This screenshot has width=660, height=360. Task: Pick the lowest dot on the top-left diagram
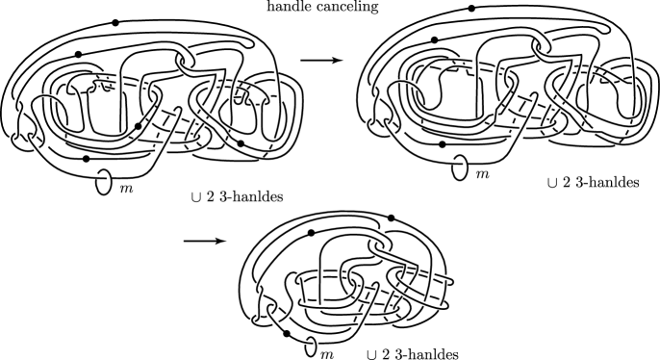87,158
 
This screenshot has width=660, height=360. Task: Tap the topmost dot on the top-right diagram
471,8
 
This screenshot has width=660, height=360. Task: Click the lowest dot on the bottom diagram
286,334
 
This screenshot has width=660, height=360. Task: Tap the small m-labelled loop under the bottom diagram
314,347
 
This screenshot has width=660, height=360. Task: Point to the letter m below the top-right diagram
483,173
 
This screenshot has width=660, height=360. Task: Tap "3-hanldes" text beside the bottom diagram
425,352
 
